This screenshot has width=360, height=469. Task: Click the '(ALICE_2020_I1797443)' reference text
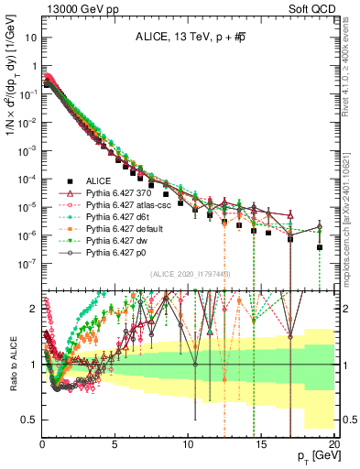pyautogui.click(x=190, y=274)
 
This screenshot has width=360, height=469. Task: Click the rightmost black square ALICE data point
pyautogui.click(x=320, y=247)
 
